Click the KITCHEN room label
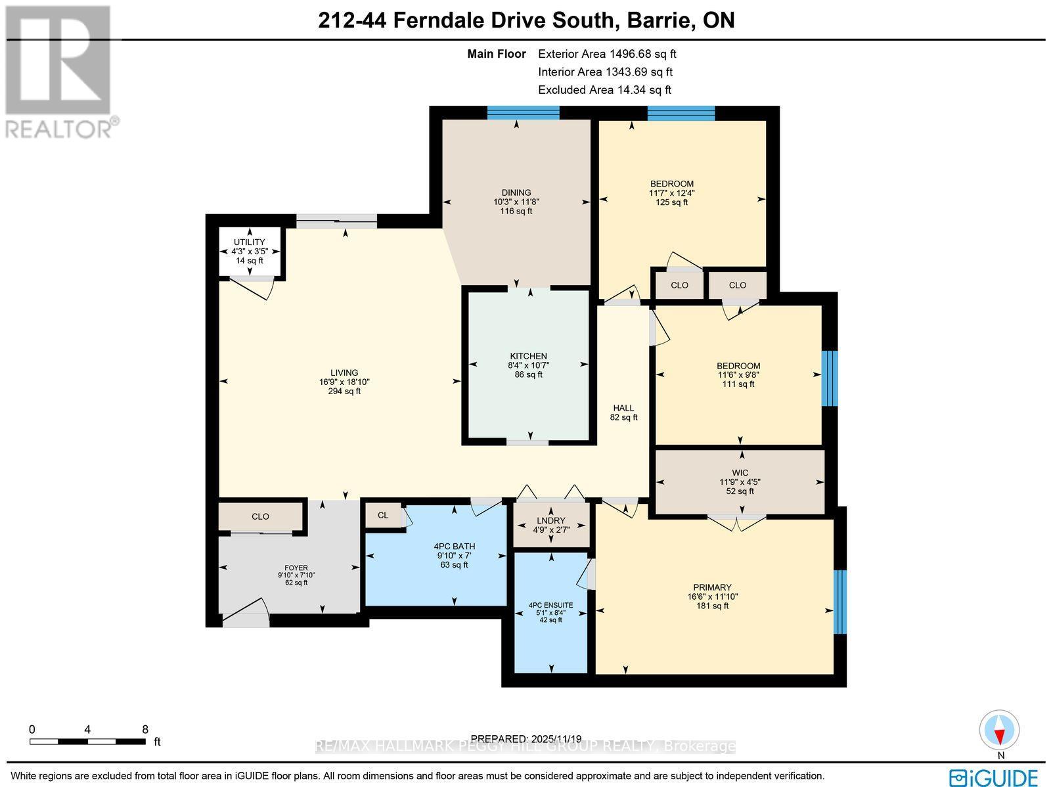[528, 356]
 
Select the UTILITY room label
[250, 242]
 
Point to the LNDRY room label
[550, 520]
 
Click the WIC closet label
[740, 472]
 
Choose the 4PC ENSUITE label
[550, 605]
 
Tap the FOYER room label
[296, 568]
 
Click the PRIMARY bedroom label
[712, 587]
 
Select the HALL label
[623, 408]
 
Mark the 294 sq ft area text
[344, 392]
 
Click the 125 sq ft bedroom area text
[671, 202]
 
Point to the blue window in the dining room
[523, 114]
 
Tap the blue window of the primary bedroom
[840, 602]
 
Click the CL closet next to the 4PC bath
[383, 516]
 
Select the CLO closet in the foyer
[260, 517]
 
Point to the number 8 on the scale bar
[145, 729]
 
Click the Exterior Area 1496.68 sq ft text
[607, 54]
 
